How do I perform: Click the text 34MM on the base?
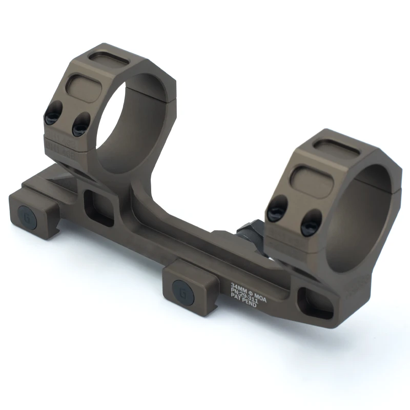coord(240,285)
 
